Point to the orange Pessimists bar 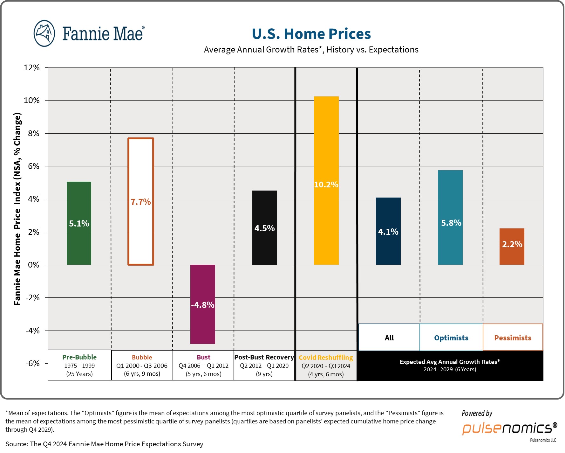[x=512, y=254]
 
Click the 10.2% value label [x=326, y=185]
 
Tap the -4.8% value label [x=203, y=305]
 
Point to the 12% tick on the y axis [x=32, y=67]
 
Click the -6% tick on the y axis [x=32, y=363]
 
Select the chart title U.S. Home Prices [x=311, y=34]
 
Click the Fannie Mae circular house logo [x=44, y=33]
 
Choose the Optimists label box [x=451, y=338]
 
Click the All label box [x=389, y=338]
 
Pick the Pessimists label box [x=513, y=338]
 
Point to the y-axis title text [x=17, y=209]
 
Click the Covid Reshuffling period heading [x=326, y=358]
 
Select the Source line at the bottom [x=104, y=444]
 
